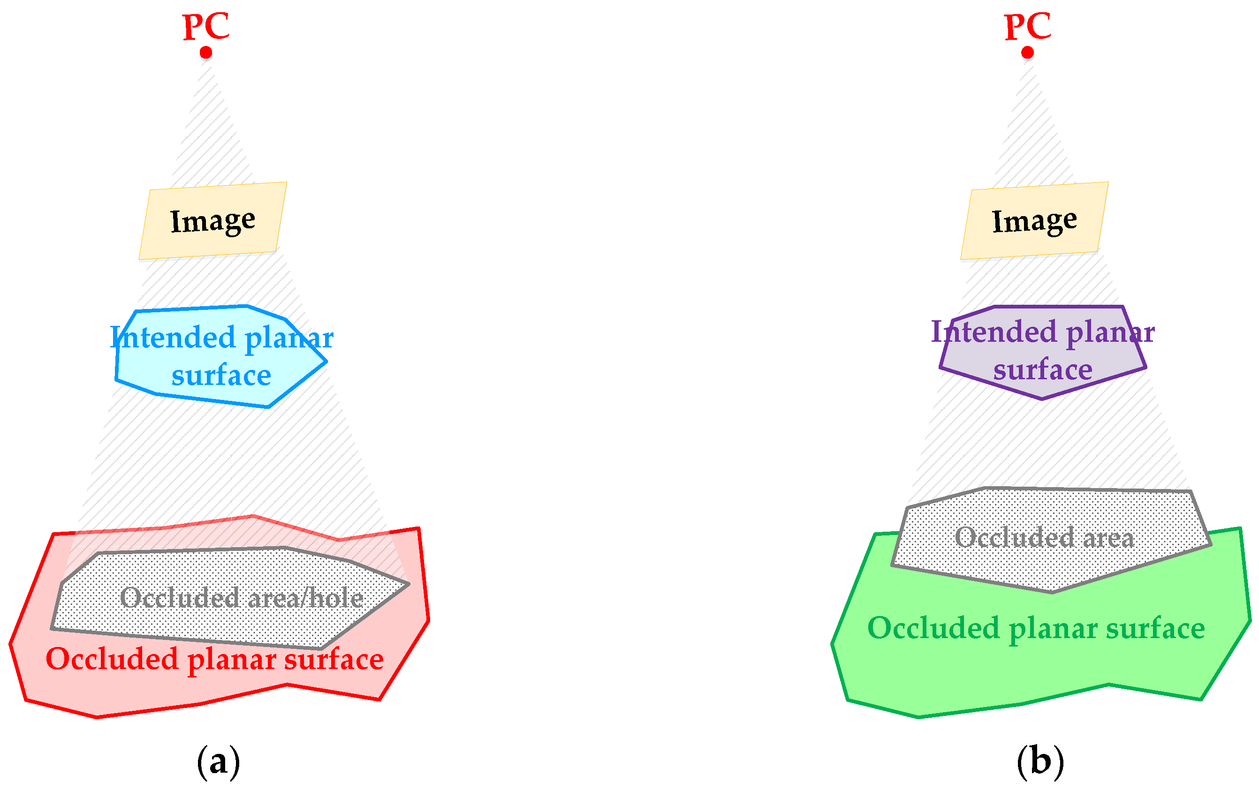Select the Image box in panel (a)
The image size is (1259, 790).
point(212,220)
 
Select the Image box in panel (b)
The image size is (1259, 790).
point(1034,220)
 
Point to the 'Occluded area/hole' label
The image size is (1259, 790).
point(241,597)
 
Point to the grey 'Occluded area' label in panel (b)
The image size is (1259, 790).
point(1044,537)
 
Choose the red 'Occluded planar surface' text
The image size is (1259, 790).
point(214,658)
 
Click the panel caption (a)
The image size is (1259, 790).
point(219,761)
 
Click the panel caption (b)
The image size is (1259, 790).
point(1040,761)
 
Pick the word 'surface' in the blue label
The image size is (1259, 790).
point(221,375)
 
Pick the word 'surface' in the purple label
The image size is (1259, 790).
point(1043,370)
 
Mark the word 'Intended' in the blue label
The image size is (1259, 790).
point(173,337)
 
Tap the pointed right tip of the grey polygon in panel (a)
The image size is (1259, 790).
point(408,584)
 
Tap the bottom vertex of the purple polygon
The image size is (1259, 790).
point(1042,399)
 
